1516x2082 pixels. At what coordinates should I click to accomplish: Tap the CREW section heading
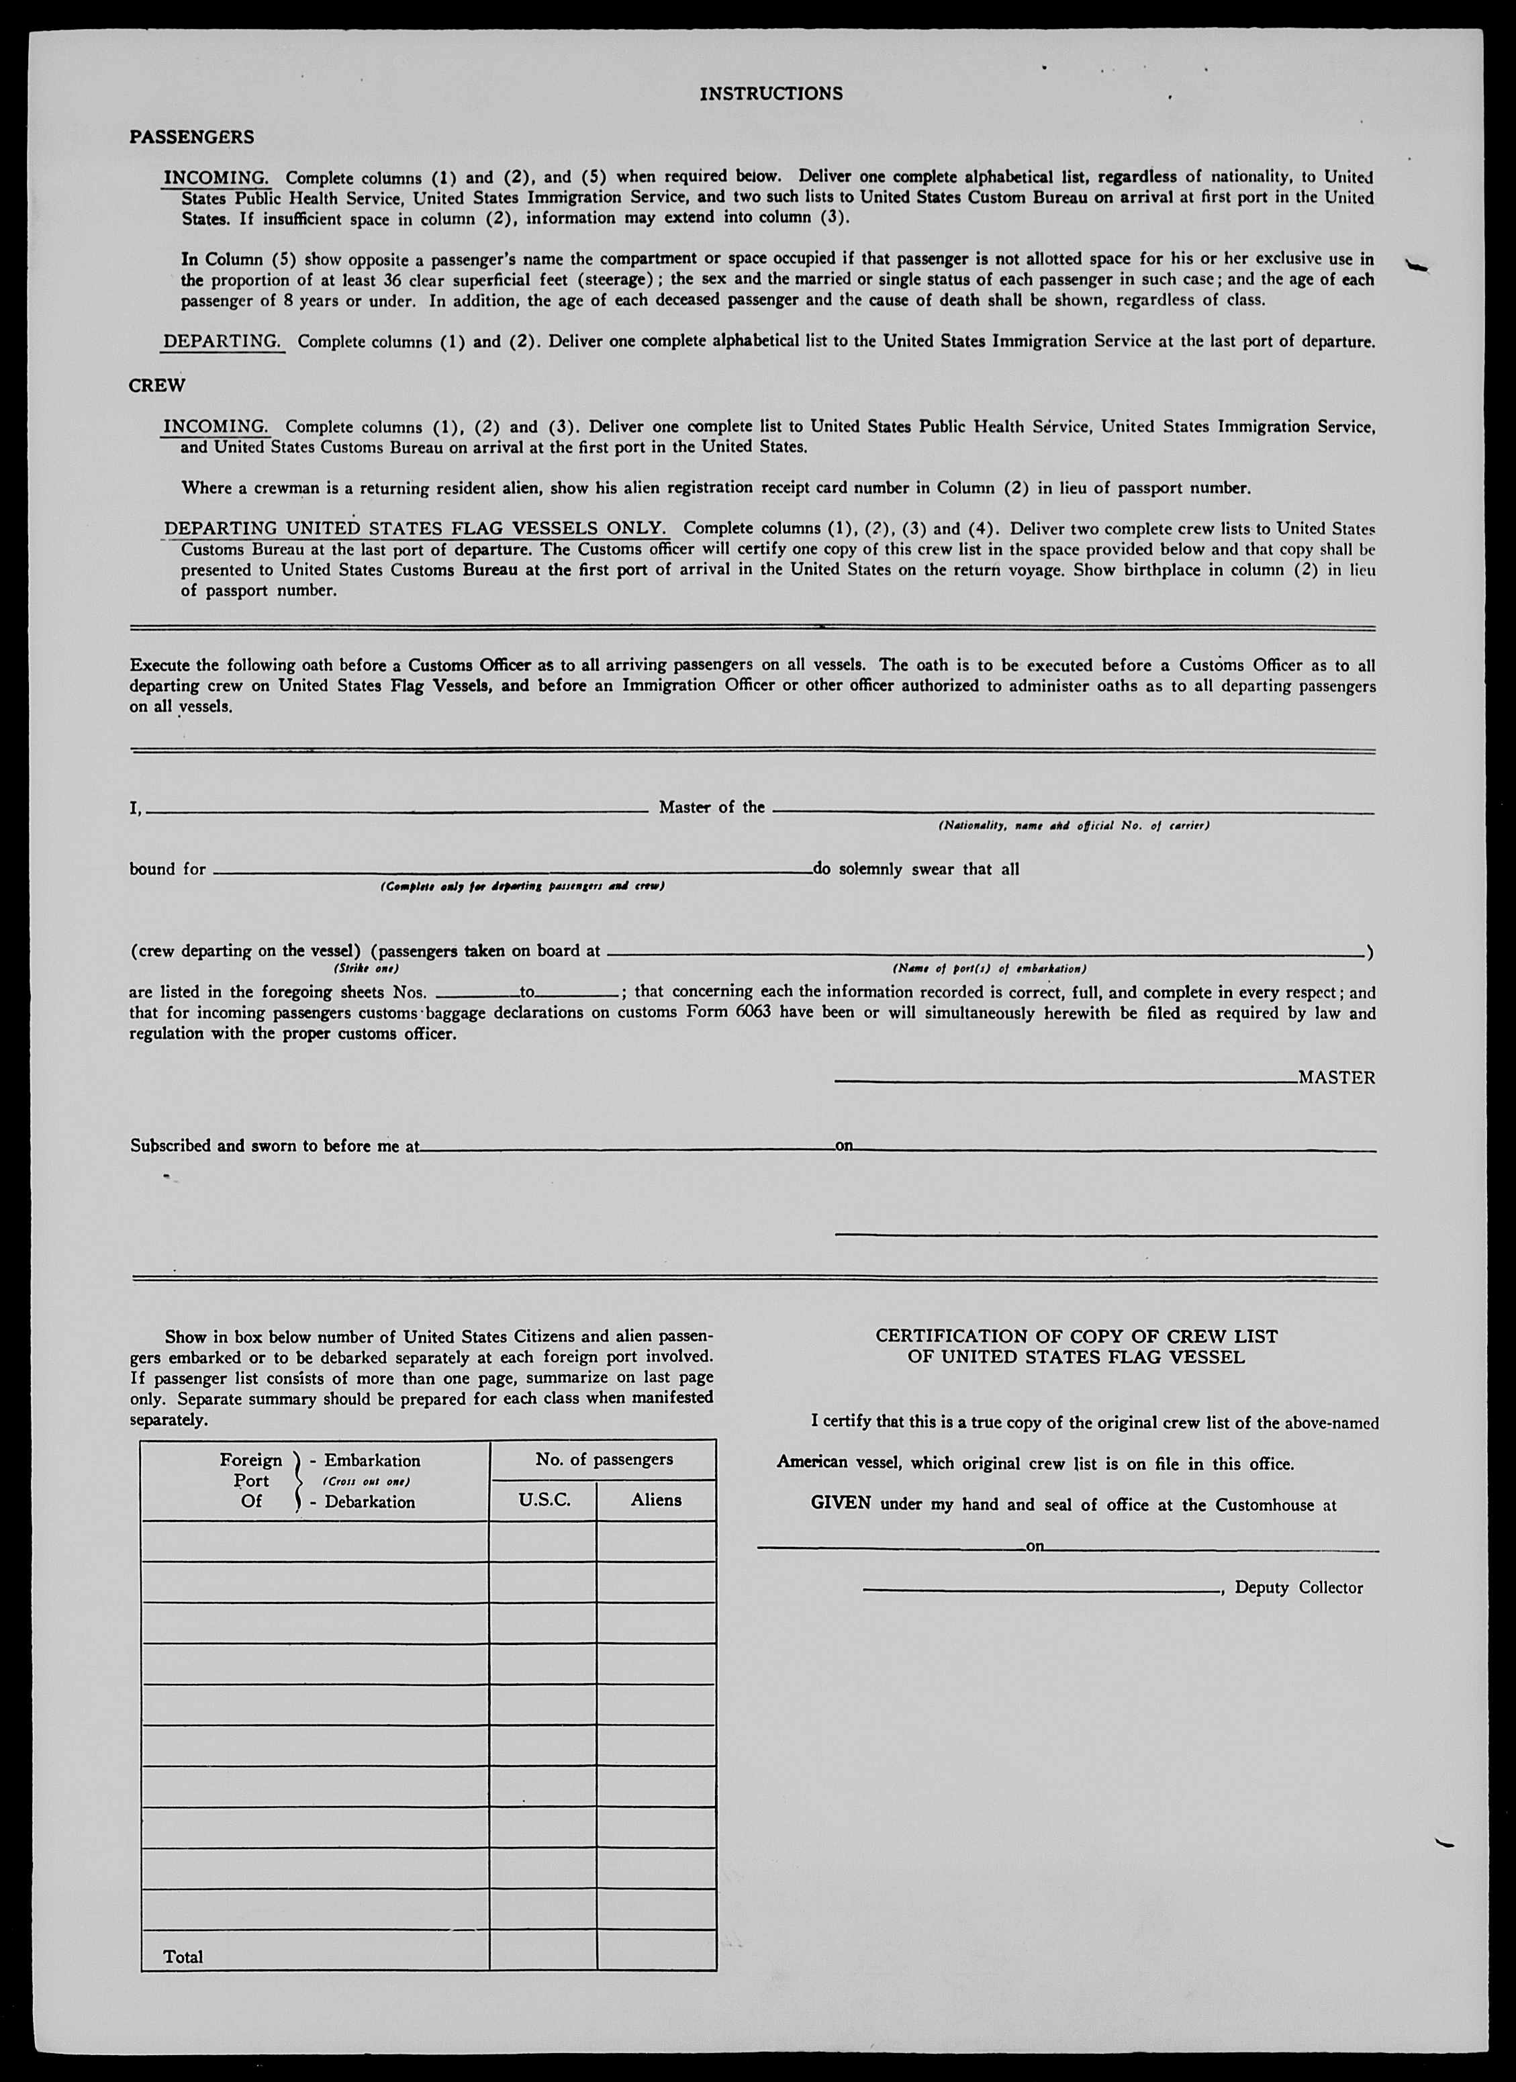(x=156, y=385)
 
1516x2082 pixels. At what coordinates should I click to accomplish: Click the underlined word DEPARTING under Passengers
(x=222, y=342)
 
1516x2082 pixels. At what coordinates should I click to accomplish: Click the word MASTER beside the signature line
(x=1336, y=1078)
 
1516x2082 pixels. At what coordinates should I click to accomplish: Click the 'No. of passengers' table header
(x=604, y=1459)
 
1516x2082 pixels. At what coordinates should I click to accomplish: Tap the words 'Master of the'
(x=712, y=807)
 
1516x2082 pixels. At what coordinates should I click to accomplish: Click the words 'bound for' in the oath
(x=167, y=868)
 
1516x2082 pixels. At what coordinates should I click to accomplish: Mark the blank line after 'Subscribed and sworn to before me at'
(x=624, y=1147)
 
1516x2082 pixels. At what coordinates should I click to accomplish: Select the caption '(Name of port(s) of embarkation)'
(x=989, y=968)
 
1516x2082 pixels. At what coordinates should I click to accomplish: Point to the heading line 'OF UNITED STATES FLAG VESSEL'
(x=1076, y=1357)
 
